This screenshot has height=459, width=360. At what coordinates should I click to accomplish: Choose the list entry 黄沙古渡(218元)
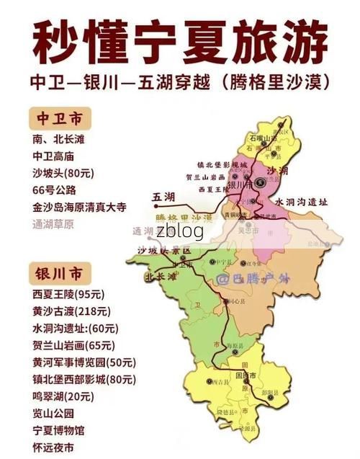pos(71,311)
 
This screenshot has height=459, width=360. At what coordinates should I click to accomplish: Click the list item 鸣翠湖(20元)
pos(63,396)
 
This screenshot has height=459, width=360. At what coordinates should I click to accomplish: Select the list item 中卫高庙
pos(53,155)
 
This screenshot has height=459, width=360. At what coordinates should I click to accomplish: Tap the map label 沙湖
pos(276,171)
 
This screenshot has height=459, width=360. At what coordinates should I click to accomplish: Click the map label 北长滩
pos(160,276)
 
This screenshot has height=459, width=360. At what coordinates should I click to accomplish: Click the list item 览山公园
pos(53,414)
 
